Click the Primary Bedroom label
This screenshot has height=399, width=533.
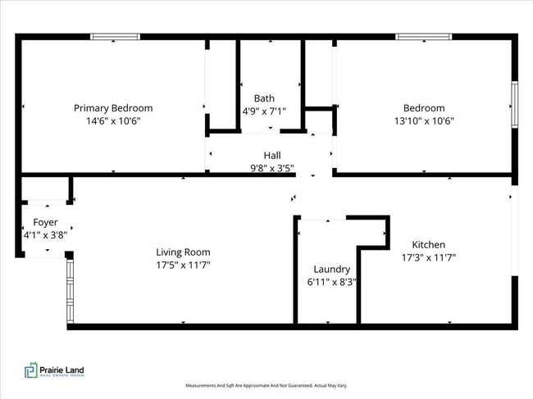pyautogui.click(x=113, y=108)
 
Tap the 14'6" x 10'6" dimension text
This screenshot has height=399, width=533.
pyautogui.click(x=113, y=121)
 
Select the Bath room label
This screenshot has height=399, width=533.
pyautogui.click(x=263, y=98)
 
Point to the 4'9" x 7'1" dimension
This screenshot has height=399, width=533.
pyautogui.click(x=263, y=111)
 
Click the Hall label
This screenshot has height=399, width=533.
pyautogui.click(x=271, y=155)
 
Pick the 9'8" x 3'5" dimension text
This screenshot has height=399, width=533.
pyautogui.click(x=271, y=168)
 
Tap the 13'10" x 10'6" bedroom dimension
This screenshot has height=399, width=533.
pyautogui.click(x=423, y=121)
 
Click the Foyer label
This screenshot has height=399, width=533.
pyautogui.click(x=45, y=222)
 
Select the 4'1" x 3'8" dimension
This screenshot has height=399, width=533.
pyautogui.click(x=45, y=235)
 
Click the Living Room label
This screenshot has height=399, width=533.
pyautogui.click(x=183, y=252)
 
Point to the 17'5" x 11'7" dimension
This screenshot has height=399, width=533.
pyautogui.click(x=183, y=265)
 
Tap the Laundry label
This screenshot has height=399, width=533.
pyautogui.click(x=332, y=270)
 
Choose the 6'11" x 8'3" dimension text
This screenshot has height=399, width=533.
pyautogui.click(x=332, y=283)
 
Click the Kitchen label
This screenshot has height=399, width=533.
pyautogui.click(x=428, y=244)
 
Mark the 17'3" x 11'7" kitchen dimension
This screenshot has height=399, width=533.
pyautogui.click(x=428, y=257)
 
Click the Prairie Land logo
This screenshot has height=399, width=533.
pyautogui.click(x=54, y=371)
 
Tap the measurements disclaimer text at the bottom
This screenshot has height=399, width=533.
pyautogui.click(x=266, y=385)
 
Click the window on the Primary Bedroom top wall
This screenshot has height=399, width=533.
pyautogui.click(x=114, y=36)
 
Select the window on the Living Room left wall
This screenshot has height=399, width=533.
pyautogui.click(x=69, y=290)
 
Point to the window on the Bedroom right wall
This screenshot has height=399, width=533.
pyautogui.click(x=515, y=104)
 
